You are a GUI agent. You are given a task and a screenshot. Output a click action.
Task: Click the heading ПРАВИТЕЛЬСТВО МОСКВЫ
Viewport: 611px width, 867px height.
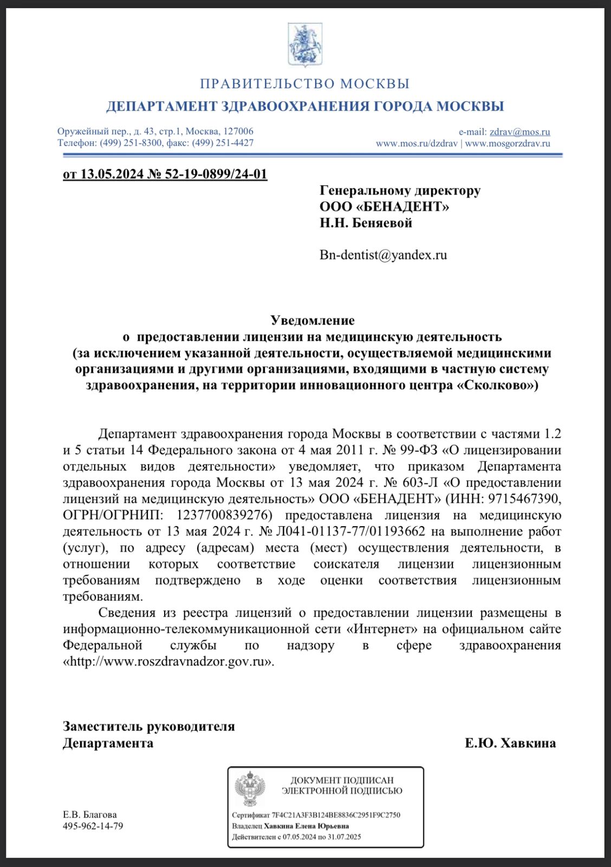[x=305, y=84]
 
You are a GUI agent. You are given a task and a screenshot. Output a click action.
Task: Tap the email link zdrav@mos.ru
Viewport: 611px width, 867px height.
[x=519, y=132]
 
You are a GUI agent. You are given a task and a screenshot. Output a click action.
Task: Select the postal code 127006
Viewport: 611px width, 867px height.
[x=238, y=132]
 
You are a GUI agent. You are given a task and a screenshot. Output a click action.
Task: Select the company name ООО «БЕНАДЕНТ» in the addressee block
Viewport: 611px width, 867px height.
[x=384, y=206]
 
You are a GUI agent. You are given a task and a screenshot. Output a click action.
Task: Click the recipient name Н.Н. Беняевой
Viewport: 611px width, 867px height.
[x=366, y=223]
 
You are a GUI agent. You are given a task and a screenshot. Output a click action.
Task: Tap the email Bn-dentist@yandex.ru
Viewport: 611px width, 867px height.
[x=383, y=255]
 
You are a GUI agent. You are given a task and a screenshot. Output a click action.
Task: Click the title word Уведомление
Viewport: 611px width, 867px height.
[x=313, y=320]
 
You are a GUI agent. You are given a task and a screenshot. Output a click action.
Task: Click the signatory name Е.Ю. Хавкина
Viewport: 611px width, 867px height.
[x=510, y=743]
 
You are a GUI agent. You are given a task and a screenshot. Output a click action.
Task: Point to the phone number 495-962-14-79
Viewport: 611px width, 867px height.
[x=93, y=826]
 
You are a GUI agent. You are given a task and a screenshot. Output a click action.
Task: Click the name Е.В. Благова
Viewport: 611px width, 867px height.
[x=90, y=814]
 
